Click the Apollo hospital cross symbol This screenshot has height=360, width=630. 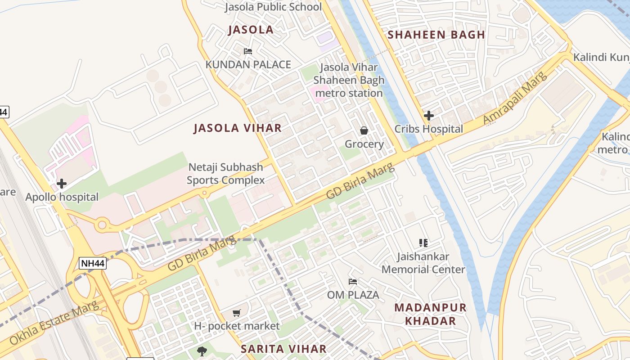(62, 184)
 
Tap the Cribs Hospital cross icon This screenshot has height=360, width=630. (429, 116)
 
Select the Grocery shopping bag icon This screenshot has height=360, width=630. (364, 130)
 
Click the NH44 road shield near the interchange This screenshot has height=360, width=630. (93, 263)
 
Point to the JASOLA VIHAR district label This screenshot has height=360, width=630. (238, 128)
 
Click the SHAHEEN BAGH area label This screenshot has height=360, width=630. (436, 35)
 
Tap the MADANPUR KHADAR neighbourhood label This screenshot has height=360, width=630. (431, 314)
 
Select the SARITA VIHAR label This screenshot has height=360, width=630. (283, 349)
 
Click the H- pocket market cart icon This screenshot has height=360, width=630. (237, 313)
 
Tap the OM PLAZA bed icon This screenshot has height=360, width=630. (353, 282)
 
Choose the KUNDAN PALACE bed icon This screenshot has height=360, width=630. (247, 51)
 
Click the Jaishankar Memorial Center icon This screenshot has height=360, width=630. (423, 243)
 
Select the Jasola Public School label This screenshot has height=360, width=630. (273, 7)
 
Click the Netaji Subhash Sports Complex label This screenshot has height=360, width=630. (225, 174)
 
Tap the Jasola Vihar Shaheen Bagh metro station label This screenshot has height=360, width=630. (349, 80)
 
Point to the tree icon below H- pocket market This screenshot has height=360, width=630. (202, 351)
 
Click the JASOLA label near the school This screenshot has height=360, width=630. (251, 30)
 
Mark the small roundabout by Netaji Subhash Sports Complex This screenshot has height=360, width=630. (205, 193)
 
